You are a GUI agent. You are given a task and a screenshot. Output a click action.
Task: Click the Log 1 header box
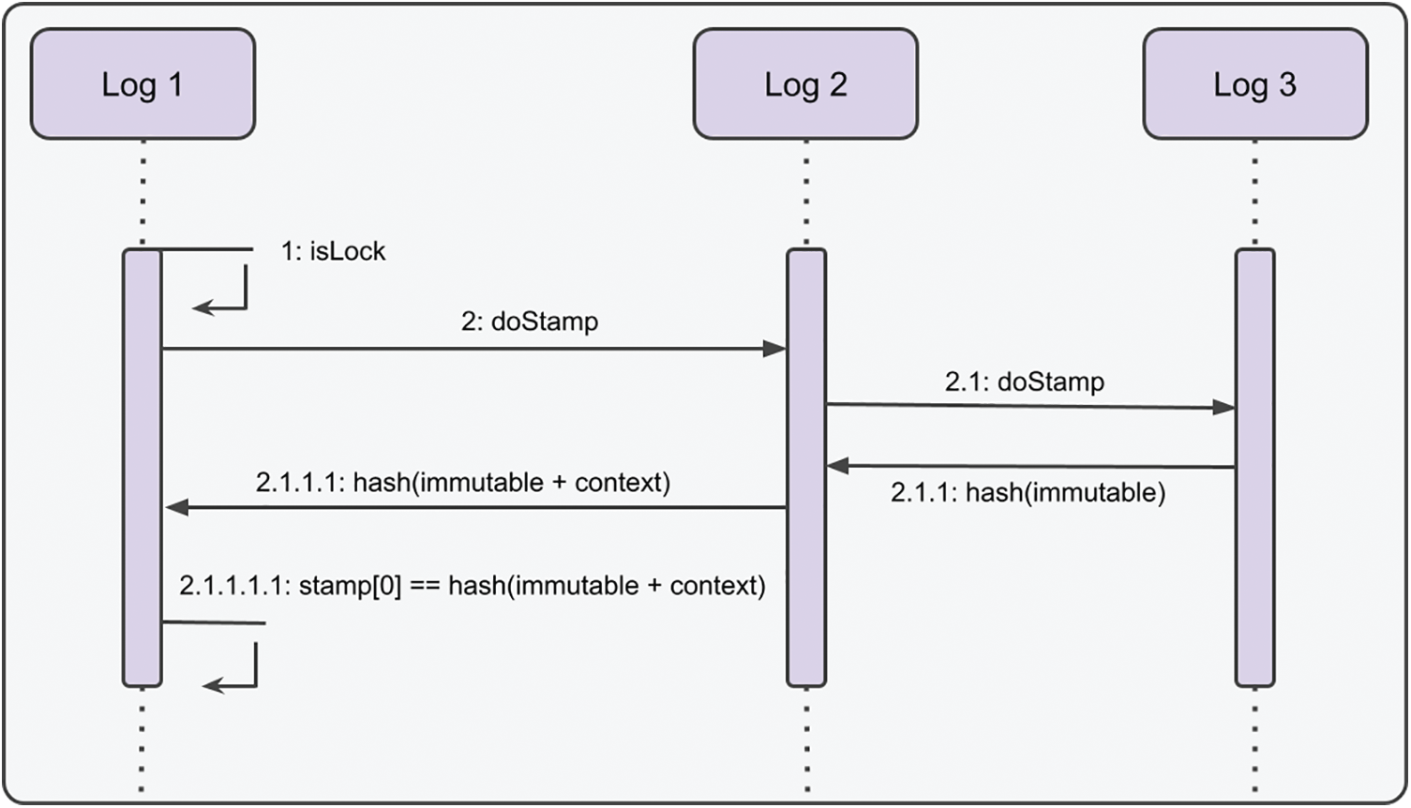point(143,84)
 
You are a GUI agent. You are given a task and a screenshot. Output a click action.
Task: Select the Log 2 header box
point(805,84)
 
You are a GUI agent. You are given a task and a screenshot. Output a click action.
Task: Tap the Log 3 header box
point(1254,84)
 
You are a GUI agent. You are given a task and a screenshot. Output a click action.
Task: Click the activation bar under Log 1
point(143,469)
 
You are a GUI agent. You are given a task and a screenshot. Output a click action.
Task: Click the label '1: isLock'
point(333,251)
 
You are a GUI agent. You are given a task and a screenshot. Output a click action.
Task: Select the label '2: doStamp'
point(529,322)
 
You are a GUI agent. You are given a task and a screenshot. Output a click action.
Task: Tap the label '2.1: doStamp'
point(1024,382)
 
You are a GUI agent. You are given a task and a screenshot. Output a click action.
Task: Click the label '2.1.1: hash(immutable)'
point(1028,493)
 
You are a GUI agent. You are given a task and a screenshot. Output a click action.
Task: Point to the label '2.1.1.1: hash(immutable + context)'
point(462,483)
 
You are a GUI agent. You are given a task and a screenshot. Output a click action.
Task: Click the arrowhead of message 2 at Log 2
point(774,349)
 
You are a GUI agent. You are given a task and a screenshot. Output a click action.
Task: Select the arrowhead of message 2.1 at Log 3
point(1223,408)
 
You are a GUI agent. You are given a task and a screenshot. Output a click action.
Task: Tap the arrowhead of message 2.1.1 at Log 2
point(838,465)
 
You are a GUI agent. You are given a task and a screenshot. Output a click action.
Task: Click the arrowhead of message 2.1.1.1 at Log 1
point(177,508)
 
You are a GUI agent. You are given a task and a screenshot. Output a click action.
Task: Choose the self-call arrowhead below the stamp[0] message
point(214,686)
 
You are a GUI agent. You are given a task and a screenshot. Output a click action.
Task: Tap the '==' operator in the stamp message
point(425,587)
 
